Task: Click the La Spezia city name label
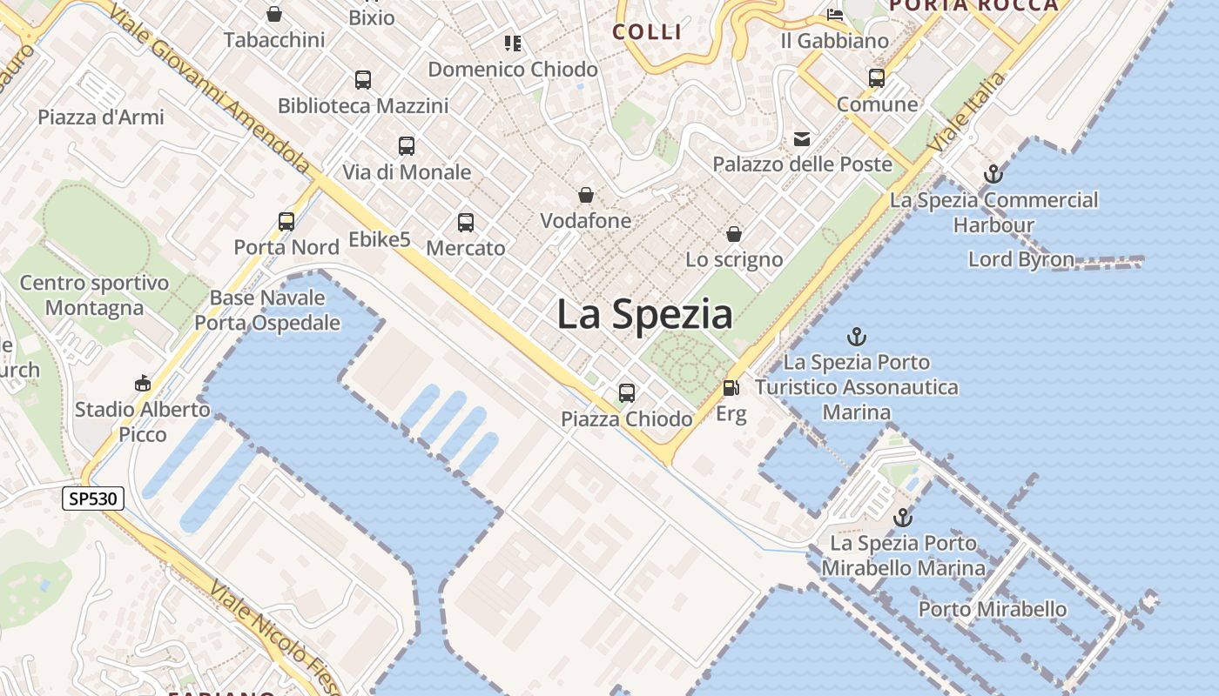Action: [644, 314]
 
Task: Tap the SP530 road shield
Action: [93, 499]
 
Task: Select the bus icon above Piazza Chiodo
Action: [627, 393]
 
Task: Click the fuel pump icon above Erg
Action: [731, 388]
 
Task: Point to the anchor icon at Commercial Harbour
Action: [993, 174]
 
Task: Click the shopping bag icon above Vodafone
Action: [586, 195]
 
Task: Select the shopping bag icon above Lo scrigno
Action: [734, 234]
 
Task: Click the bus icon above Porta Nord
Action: [286, 221]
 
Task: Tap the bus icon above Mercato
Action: [466, 223]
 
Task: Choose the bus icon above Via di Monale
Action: [407, 146]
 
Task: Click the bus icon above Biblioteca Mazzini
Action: [363, 80]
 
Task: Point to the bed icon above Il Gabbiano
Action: [834, 15]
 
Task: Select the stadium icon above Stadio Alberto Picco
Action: [142, 383]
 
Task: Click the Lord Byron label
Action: [1020, 259]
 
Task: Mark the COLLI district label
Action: [646, 32]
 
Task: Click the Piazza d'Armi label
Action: [101, 117]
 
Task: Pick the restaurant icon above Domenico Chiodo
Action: [513, 43]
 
